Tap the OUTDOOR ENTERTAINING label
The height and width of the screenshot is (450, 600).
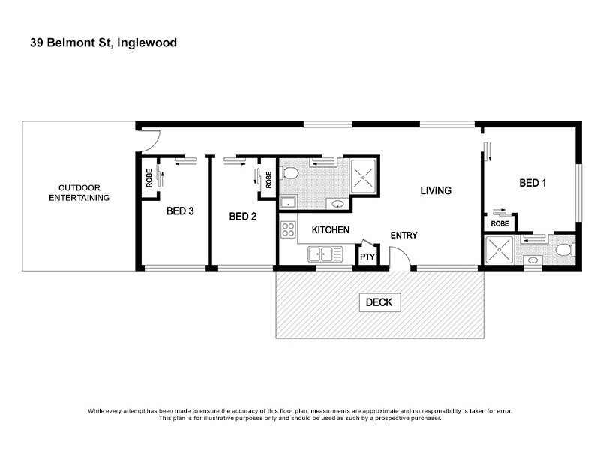(79, 193)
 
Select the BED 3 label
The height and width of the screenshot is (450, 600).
(180, 211)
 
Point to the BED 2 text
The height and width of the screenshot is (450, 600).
(243, 217)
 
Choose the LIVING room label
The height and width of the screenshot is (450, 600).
(435, 190)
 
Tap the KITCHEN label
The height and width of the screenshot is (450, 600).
(330, 229)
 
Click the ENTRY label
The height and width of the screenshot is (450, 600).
(403, 235)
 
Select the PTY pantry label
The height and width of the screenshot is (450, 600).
(367, 256)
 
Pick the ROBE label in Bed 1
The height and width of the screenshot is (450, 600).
(499, 223)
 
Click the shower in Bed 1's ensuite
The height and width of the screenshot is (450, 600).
(499, 248)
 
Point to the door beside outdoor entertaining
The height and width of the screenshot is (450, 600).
(150, 139)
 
